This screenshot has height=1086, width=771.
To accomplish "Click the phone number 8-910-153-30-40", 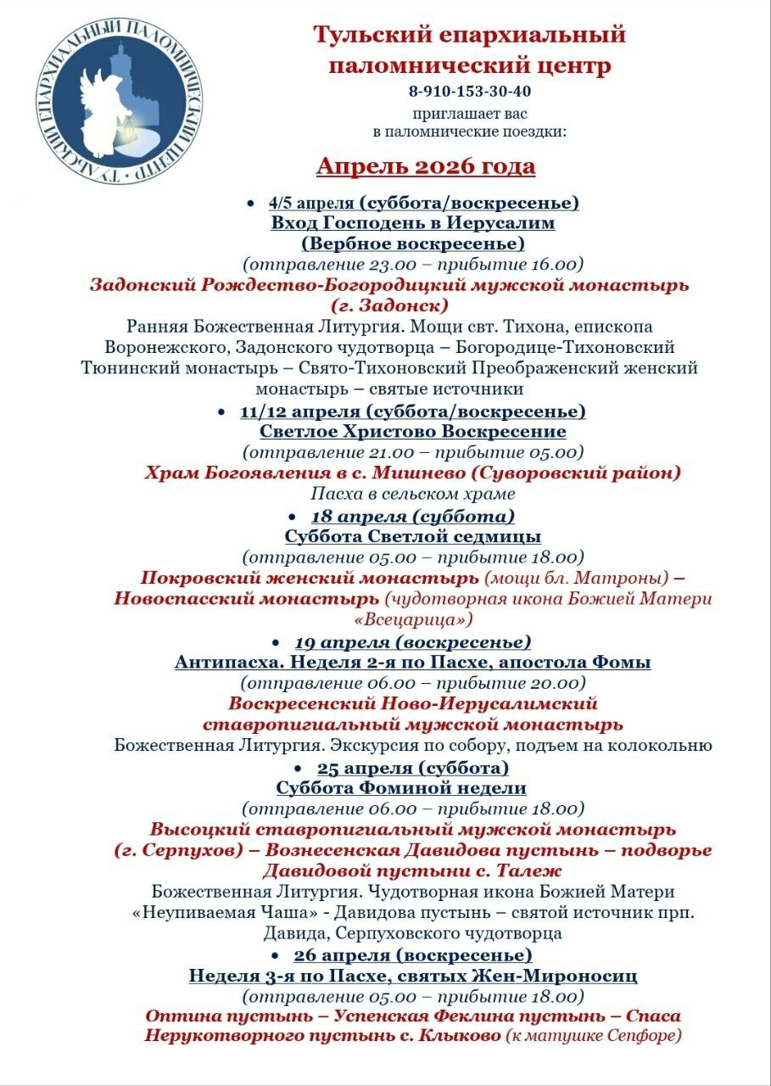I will click(x=469, y=91).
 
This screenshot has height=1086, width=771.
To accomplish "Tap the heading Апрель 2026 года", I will click(x=426, y=165).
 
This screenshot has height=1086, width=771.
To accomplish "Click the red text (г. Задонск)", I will click(x=389, y=305).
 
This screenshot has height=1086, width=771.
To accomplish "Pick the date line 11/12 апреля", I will click(x=412, y=411).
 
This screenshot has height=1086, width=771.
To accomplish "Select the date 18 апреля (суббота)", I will click(x=413, y=516).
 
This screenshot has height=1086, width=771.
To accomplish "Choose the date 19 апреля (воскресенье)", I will click(x=413, y=641).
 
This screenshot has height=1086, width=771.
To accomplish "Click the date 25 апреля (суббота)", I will click(x=413, y=768).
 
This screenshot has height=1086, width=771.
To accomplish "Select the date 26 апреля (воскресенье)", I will click(x=413, y=955).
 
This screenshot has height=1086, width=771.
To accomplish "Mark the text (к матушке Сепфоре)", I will click(x=594, y=1036).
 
